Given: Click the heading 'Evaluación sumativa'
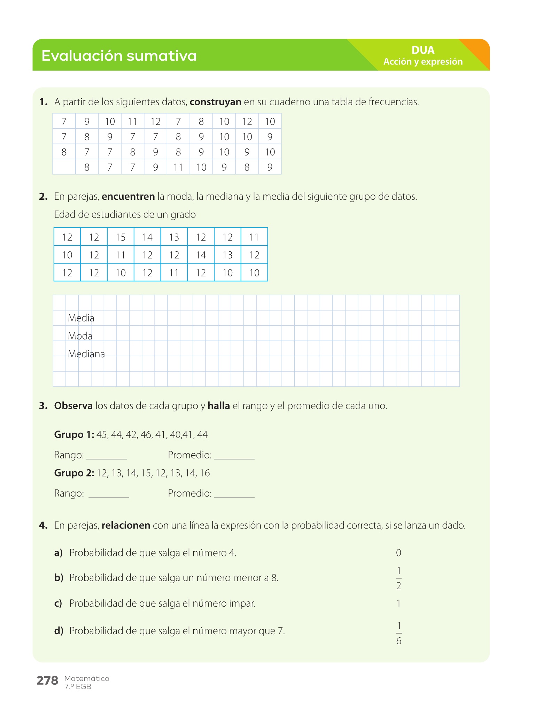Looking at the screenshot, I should pos(119,56).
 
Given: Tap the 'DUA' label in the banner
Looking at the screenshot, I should pos(423,50).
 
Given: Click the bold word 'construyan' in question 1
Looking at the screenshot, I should pos(215,102).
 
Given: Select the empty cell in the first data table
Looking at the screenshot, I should pos(64,167).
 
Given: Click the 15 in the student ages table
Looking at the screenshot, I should pos(121,237).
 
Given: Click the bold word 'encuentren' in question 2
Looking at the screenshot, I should pos(128,197).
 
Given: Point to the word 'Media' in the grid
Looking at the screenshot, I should pos(81,318).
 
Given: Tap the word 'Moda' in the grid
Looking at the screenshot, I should pos(80,336).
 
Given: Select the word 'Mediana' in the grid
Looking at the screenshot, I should pos(86,354).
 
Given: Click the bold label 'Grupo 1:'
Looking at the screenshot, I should pos(74,435).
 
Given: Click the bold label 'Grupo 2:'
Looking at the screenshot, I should pos(74,473).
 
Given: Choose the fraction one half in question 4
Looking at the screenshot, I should pos(399,578).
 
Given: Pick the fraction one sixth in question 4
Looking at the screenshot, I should pos(399,633).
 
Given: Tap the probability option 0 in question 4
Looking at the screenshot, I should pos(399,553).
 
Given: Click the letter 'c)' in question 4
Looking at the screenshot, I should pos(58,603).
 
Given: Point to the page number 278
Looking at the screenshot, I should pos(47,681).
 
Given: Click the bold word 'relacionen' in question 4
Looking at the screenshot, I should pos(126,525).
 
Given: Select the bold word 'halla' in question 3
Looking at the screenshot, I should pos(218,406).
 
